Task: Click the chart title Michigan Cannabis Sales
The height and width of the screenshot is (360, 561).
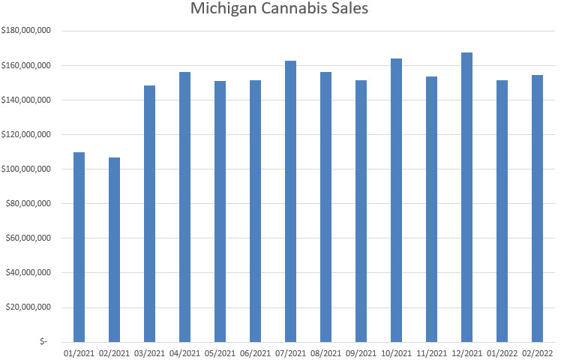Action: pos(280,10)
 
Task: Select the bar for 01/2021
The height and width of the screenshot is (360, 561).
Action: pos(79,247)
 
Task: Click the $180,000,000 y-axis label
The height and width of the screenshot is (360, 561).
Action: pos(27,31)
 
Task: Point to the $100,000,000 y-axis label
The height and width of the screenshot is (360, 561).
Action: pos(27,169)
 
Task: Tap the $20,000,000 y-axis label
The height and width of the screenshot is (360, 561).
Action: pos(29,307)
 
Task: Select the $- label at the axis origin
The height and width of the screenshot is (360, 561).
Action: pos(44,341)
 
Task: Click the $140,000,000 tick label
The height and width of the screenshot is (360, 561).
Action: pos(27,100)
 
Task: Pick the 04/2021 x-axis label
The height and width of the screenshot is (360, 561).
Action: pos(184,352)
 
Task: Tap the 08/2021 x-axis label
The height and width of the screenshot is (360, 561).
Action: pos(325,352)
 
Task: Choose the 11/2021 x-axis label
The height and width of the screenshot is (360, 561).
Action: pos(431,352)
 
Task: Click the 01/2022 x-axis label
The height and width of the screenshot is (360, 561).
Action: pos(502,352)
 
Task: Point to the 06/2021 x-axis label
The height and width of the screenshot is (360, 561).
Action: pos(255,352)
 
